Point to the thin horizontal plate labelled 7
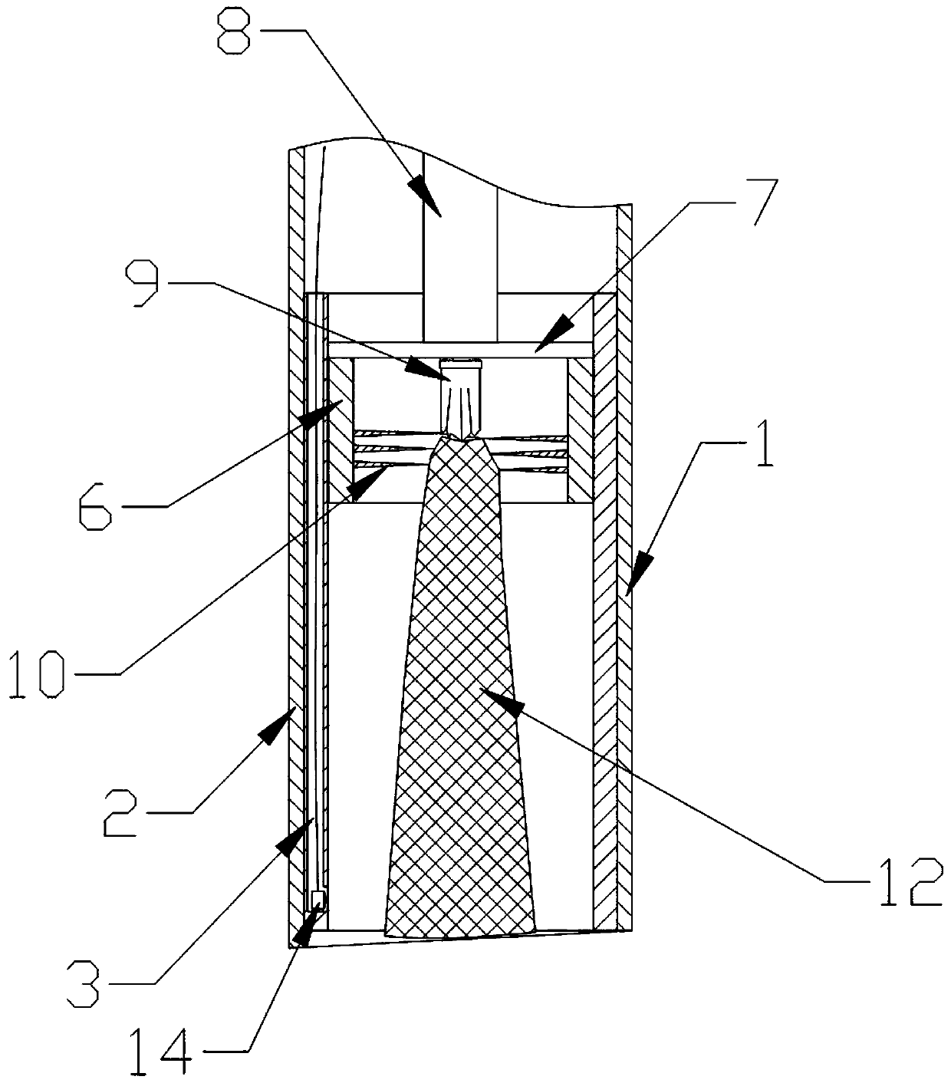[460, 349]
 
